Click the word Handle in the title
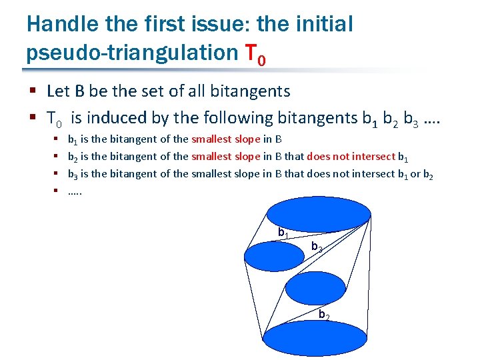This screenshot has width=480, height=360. click(59, 24)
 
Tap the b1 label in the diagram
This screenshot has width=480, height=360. click(283, 232)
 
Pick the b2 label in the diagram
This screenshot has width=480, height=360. click(324, 314)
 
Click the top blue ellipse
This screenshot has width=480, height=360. click(319, 213)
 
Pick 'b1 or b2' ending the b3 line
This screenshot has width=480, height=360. click(416, 174)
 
